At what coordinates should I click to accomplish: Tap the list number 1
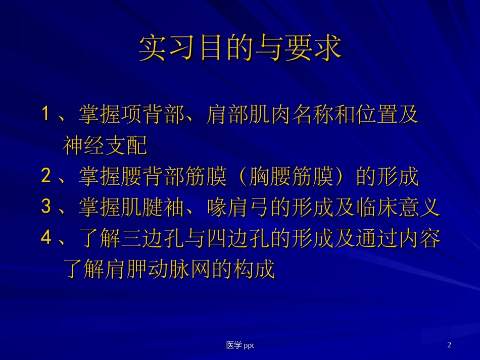coord(45,115)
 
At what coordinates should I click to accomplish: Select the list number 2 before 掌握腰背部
coord(46,177)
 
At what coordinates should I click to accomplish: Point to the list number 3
coord(46,208)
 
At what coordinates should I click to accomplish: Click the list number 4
coord(46,238)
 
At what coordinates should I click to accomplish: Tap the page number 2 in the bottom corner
coord(449,345)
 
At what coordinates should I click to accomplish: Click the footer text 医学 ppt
coord(240,345)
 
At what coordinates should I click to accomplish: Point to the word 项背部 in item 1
coord(152,115)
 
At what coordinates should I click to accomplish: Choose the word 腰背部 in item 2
coord(152,177)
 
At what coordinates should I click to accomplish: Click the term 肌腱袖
coord(152,208)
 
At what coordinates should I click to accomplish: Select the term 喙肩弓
coord(237,208)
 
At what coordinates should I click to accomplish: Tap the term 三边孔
coord(152,238)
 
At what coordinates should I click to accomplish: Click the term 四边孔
coord(237,238)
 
